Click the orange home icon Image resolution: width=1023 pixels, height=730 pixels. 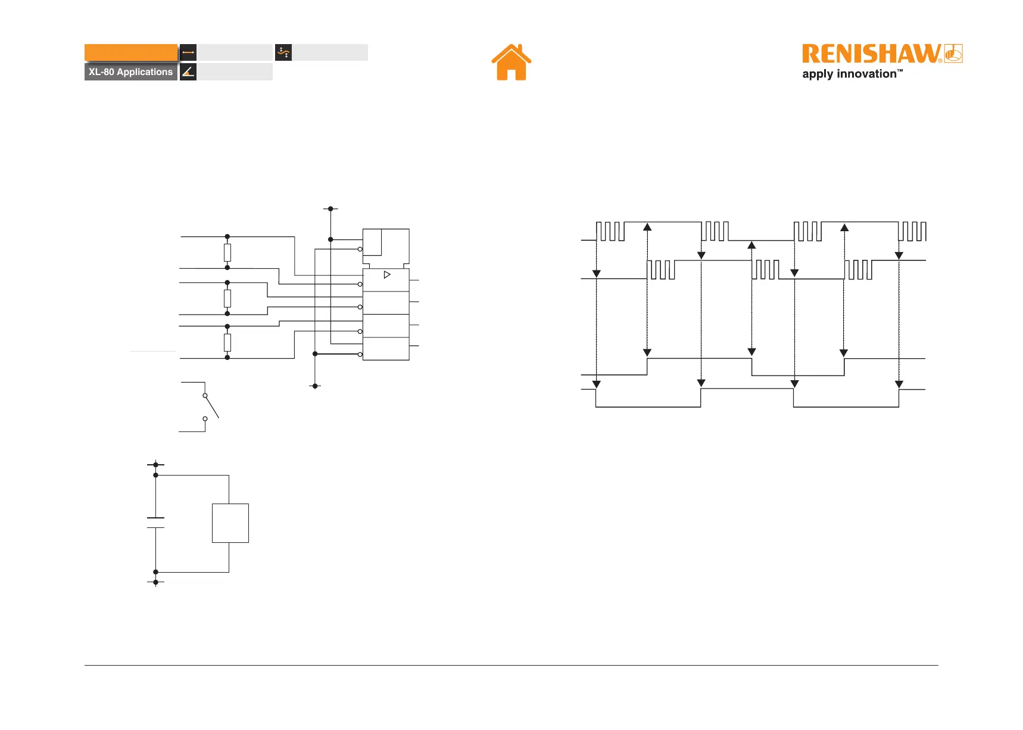(511, 63)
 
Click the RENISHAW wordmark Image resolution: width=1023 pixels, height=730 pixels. (871, 54)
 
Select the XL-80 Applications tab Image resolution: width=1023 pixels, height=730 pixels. (131, 72)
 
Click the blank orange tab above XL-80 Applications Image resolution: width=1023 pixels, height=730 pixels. (131, 52)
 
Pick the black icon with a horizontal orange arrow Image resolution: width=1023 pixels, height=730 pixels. (188, 52)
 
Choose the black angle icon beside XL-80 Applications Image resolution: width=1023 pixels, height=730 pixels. (188, 72)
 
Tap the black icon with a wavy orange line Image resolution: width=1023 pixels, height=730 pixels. (283, 52)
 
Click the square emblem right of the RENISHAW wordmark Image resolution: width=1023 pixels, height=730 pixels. (953, 54)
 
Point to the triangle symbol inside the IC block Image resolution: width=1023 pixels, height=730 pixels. (387, 275)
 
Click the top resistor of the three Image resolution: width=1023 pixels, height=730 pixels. (227, 253)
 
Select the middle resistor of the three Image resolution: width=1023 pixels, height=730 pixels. (227, 298)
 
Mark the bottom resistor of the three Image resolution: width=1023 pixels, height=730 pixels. (227, 342)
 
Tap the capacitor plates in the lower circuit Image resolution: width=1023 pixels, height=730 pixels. (155, 523)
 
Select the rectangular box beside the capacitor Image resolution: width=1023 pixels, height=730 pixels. (230, 523)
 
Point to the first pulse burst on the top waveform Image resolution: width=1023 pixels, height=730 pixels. (610, 231)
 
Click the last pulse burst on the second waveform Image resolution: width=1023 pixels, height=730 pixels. (858, 269)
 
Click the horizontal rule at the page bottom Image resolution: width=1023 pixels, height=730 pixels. (511, 665)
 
